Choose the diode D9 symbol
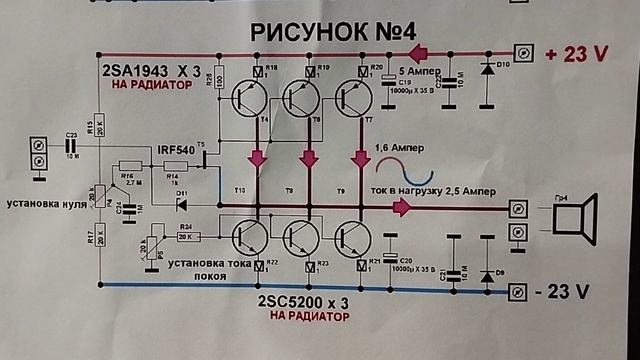[487, 272]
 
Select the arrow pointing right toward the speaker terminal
[401, 207]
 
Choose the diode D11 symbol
[181, 206]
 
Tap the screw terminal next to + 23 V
[521, 51]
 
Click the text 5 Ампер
[414, 72]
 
